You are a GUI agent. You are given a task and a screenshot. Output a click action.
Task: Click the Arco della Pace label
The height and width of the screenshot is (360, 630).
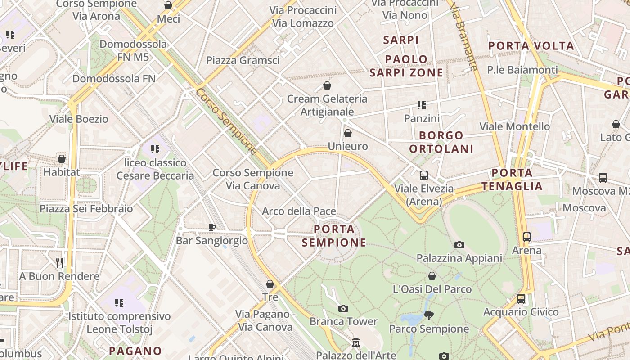tap(299, 211)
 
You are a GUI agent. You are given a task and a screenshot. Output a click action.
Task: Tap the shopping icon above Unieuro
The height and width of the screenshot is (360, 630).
tap(348, 133)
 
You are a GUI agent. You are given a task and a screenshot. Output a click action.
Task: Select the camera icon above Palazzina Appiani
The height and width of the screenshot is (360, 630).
tap(459, 245)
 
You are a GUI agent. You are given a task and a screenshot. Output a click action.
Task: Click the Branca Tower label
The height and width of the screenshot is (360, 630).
tap(343, 321)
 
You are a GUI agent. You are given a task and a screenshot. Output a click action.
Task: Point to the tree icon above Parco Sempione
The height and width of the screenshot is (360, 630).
tap(429, 315)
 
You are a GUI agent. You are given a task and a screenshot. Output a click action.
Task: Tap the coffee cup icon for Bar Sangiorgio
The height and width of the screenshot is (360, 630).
tap(212, 227)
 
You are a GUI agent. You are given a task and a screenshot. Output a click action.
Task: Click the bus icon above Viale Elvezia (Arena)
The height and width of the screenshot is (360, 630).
tap(423, 175)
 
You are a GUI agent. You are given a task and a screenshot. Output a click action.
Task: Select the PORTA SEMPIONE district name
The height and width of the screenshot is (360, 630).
tap(334, 236)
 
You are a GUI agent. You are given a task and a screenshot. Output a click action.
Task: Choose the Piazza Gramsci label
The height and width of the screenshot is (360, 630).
tap(243, 60)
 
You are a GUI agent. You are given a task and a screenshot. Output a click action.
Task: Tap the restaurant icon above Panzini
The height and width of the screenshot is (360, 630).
tap(421, 105)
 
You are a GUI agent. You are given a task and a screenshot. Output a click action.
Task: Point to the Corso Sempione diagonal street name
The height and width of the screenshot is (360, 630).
tap(227, 121)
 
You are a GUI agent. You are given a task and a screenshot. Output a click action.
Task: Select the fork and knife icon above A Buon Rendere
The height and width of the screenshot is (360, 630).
tap(59, 263)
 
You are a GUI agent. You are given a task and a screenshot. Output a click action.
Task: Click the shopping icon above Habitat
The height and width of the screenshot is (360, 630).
tap(62, 159)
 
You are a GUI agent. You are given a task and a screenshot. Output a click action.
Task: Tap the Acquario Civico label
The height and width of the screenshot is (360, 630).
tap(521, 312)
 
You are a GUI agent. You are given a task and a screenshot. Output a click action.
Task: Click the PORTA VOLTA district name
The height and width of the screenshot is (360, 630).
tap(531, 46)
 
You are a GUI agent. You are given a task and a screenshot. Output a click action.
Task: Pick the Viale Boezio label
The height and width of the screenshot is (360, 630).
tap(79, 119)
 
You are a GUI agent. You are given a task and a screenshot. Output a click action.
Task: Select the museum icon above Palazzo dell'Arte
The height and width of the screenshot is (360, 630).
tap(356, 342)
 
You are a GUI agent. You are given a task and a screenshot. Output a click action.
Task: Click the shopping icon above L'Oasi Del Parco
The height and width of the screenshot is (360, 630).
tap(432, 276)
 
